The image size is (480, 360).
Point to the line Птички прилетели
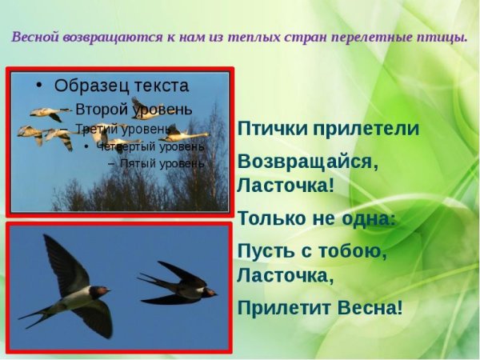[x=328, y=129]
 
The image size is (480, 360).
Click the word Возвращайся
[x=306, y=161]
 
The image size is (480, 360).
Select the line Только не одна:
[x=316, y=218]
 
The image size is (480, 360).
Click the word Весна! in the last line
[x=371, y=307]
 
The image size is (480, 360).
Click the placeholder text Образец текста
[x=122, y=86]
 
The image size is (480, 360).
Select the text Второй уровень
[x=134, y=110]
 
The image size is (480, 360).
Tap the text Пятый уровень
[x=162, y=164]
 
